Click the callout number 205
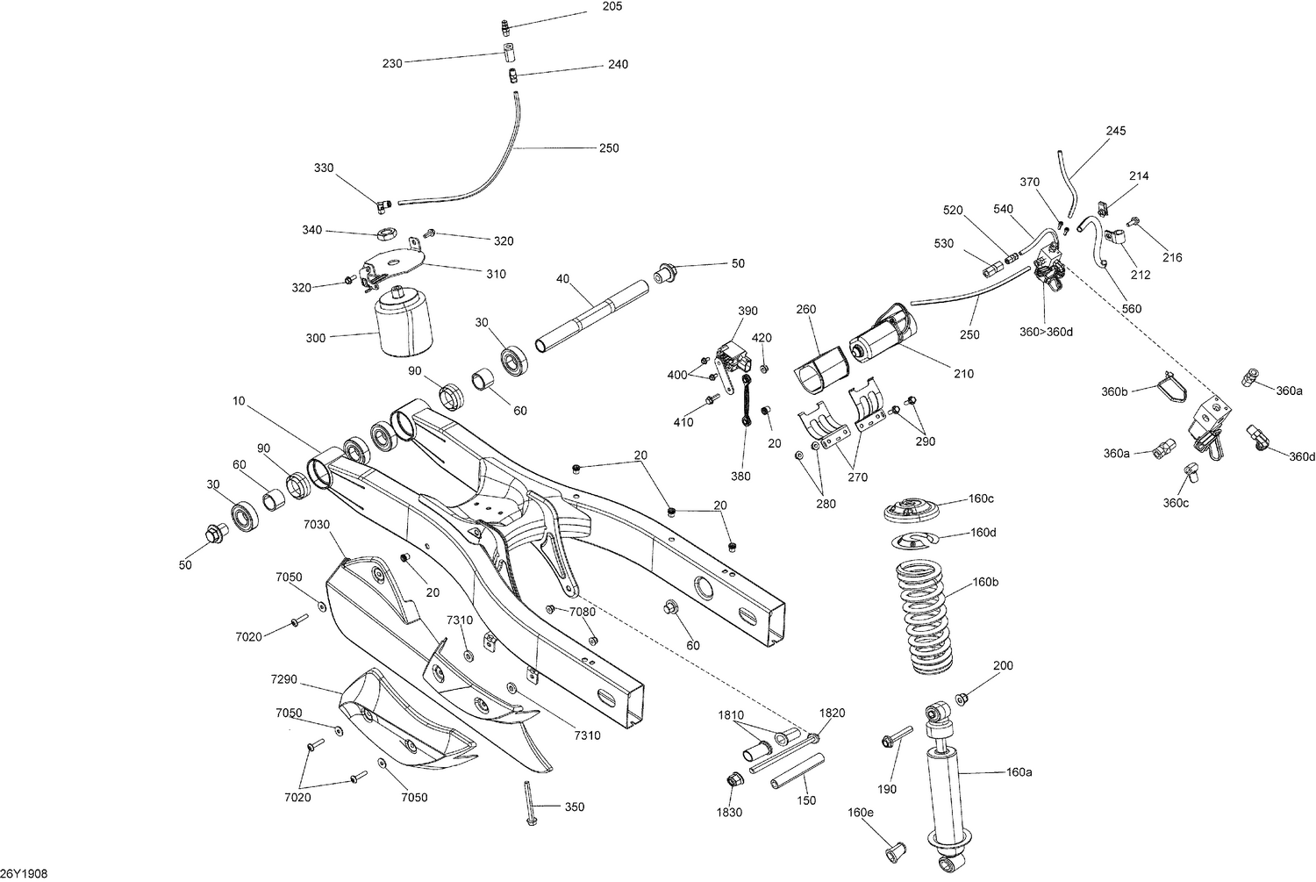point(612,7)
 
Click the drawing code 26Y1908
point(24,874)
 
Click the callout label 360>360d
point(1046,332)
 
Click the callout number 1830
point(729,813)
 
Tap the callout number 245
point(1115,131)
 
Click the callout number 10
point(239,401)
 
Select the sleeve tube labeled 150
point(797,771)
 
